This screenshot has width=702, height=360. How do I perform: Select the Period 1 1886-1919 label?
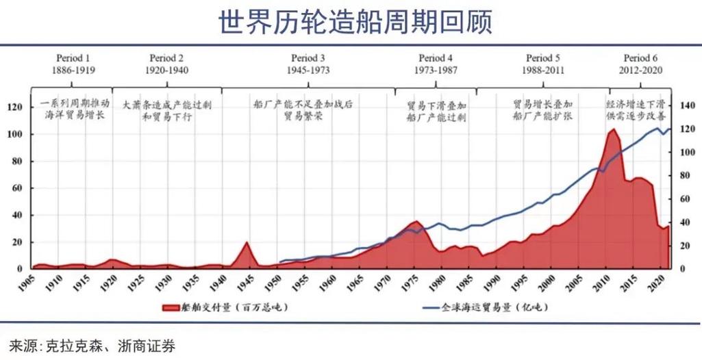pos(73,64)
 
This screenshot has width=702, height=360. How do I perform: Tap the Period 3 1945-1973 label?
pos(308,64)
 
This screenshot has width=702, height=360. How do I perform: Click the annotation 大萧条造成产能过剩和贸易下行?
pos(166,112)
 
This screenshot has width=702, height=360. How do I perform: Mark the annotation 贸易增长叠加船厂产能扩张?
pos(542,112)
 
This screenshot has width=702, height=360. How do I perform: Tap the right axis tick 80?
pos(686,176)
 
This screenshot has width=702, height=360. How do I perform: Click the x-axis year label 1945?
pos(246,283)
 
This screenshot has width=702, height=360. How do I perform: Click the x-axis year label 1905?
pos(28,283)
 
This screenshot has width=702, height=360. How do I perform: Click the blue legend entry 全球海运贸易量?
pos(487,309)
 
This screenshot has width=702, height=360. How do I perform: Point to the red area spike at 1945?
pos(247,243)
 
